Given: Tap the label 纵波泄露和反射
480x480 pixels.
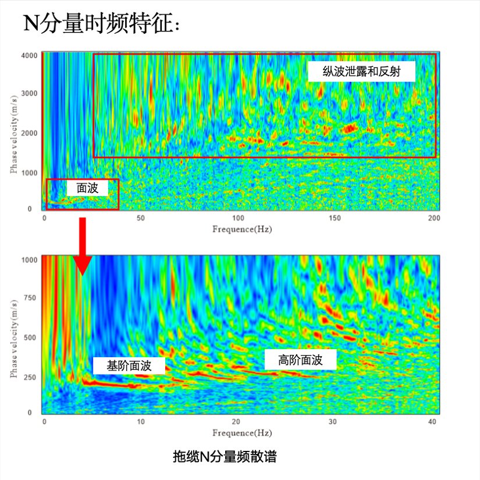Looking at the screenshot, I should [361, 71].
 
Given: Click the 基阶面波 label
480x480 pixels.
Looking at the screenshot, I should [129, 365].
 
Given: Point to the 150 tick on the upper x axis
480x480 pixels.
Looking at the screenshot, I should [334, 219].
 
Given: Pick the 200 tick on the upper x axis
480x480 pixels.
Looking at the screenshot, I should [432, 219].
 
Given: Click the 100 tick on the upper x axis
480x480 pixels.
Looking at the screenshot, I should [237, 219].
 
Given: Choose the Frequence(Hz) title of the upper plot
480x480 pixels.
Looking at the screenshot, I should [241, 229].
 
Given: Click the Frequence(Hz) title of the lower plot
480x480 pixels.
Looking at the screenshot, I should [241, 433].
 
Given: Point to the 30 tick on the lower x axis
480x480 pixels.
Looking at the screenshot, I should [333, 422].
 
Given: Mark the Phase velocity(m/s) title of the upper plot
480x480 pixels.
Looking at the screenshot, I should [13, 133].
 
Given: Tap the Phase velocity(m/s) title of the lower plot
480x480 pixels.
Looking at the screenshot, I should [13, 336].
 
